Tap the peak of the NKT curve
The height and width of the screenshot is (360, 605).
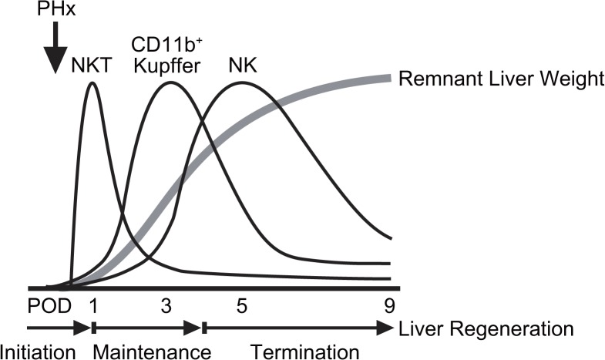pyautogui.click(x=93, y=82)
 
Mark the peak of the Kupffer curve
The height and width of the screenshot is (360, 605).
pyautogui.click(x=169, y=82)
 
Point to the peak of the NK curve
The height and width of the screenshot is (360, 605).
pyautogui.click(x=241, y=82)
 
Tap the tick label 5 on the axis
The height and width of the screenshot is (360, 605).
pyautogui.click(x=241, y=304)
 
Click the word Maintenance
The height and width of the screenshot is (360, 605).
pyautogui.click(x=151, y=350)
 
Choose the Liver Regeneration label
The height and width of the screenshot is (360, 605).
pyautogui.click(x=486, y=329)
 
